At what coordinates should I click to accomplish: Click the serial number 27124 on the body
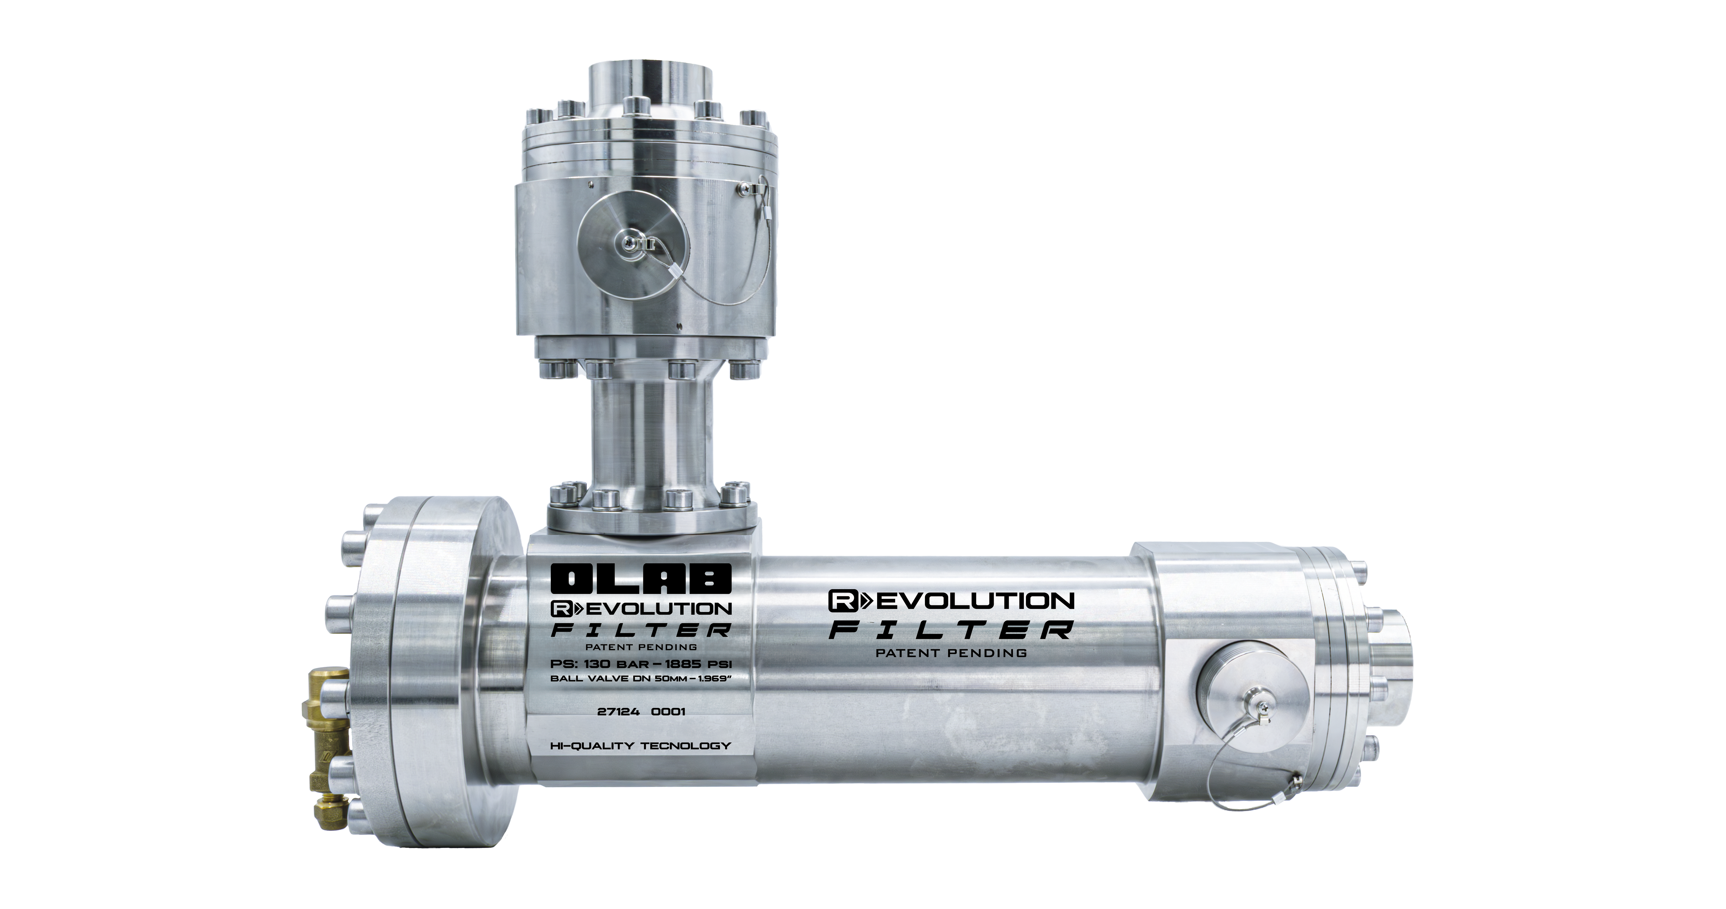coord(618,711)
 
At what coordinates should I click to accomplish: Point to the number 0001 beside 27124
coord(668,711)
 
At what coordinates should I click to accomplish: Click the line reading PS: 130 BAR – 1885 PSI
coord(641,664)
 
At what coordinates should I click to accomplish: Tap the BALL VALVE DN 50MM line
coord(641,678)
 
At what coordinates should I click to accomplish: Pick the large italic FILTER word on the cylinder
coord(951,630)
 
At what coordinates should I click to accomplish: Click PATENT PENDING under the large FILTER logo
coord(951,652)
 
